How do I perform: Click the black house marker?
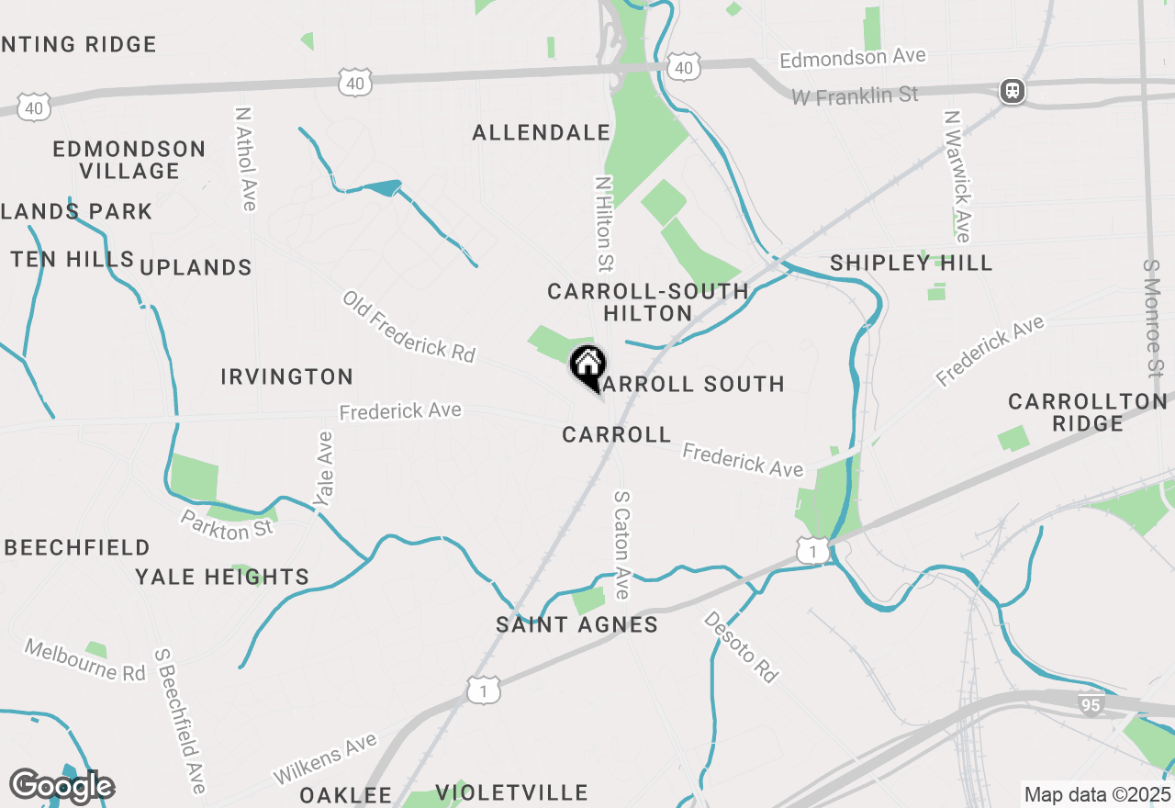(587, 366)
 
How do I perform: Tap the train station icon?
(1013, 91)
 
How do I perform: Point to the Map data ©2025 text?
(1097, 794)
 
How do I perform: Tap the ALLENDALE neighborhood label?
(542, 133)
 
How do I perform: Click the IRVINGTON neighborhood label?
(287, 376)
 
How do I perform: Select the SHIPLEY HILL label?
(912, 264)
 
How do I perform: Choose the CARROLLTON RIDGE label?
(1088, 412)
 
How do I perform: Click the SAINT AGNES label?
(577, 625)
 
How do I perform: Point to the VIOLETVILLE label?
(511, 792)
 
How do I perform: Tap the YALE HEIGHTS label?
(222, 578)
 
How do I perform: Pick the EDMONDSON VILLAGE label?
(129, 160)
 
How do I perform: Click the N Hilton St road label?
(603, 225)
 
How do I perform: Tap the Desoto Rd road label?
(741, 646)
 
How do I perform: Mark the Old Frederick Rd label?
(409, 326)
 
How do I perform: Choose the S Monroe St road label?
(1152, 318)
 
